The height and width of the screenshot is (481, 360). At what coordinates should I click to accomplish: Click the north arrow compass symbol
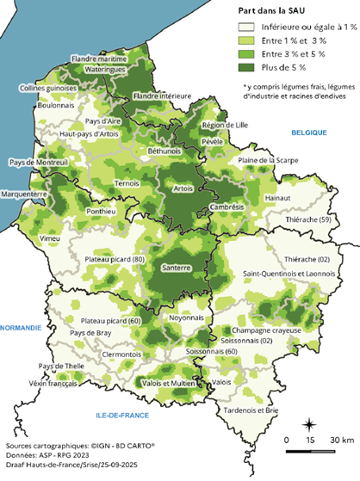311,423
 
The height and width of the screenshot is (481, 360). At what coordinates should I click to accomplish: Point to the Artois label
183,188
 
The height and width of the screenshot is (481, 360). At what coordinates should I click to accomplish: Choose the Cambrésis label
227,207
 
